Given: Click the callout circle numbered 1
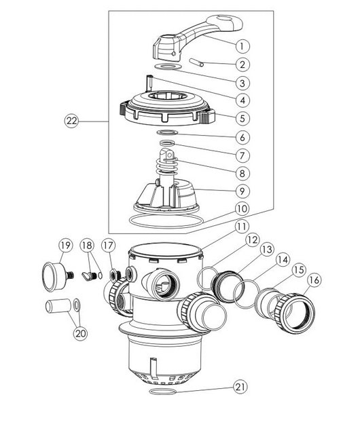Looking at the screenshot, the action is [x=242, y=46].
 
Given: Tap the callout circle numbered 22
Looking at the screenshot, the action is [x=71, y=121].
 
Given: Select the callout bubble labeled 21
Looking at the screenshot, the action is [x=240, y=387].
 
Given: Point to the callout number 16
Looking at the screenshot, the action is [x=314, y=280].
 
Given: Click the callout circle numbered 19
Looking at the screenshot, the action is [x=66, y=246].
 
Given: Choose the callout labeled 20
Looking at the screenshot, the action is [x=80, y=333].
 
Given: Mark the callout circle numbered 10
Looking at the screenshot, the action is [x=242, y=208].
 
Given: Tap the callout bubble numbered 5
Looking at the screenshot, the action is [x=242, y=119].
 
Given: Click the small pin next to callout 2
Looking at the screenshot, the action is [x=196, y=62].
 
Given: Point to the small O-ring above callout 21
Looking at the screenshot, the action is [x=163, y=392].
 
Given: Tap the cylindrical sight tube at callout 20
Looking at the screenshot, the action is [x=58, y=306].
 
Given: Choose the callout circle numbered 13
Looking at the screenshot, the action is [x=267, y=250].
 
